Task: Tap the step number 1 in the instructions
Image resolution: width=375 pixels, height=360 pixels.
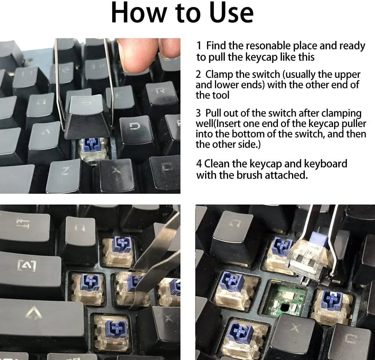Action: point(199,46)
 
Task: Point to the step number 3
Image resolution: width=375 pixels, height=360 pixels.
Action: point(198,114)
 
